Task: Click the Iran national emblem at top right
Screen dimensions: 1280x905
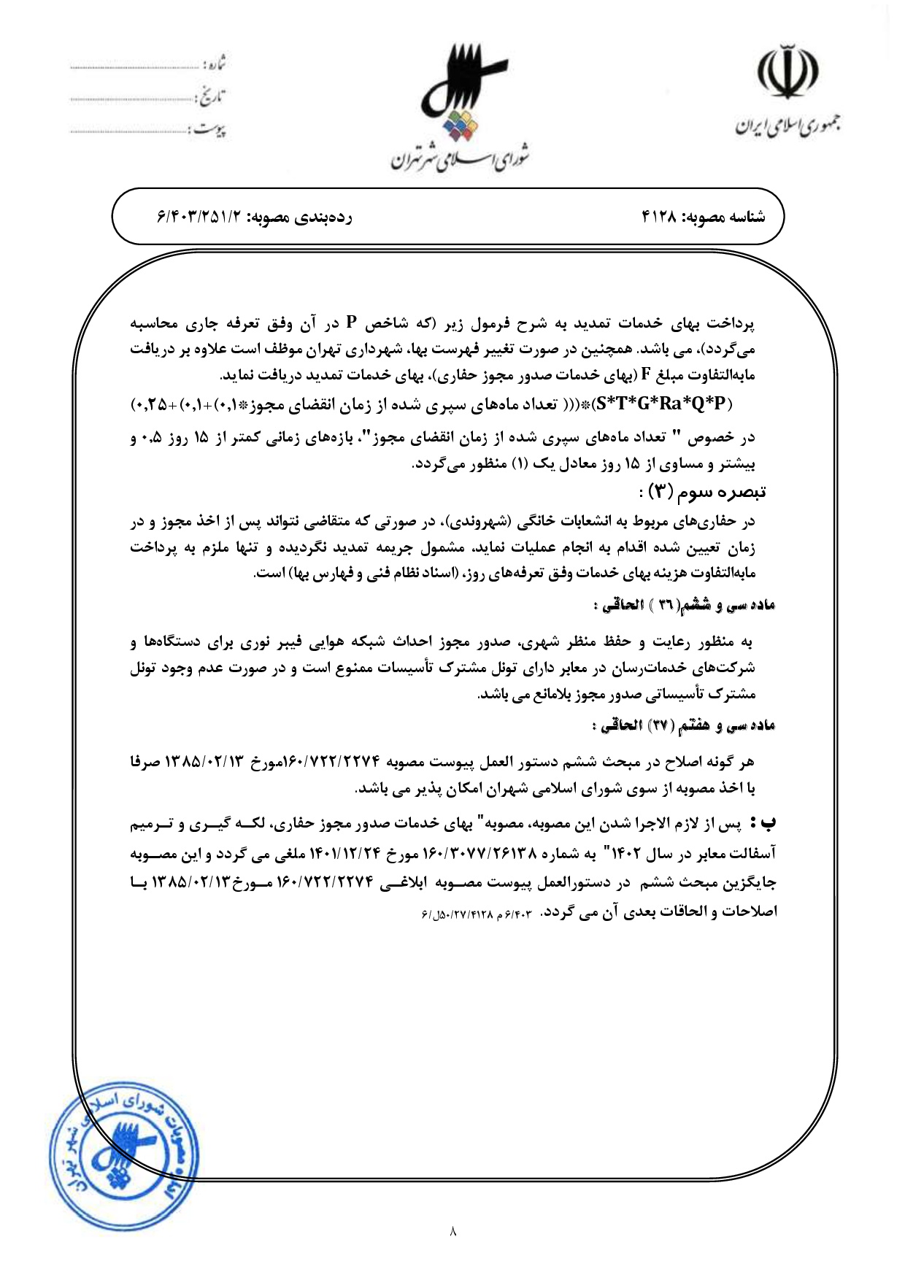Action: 786,72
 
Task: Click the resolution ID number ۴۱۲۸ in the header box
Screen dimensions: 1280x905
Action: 660,217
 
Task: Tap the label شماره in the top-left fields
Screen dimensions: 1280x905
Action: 215,64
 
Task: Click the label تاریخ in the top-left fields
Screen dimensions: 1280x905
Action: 212,96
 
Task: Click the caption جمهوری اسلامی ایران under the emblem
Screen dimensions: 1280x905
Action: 786,128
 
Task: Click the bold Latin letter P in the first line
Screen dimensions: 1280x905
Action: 351,322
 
